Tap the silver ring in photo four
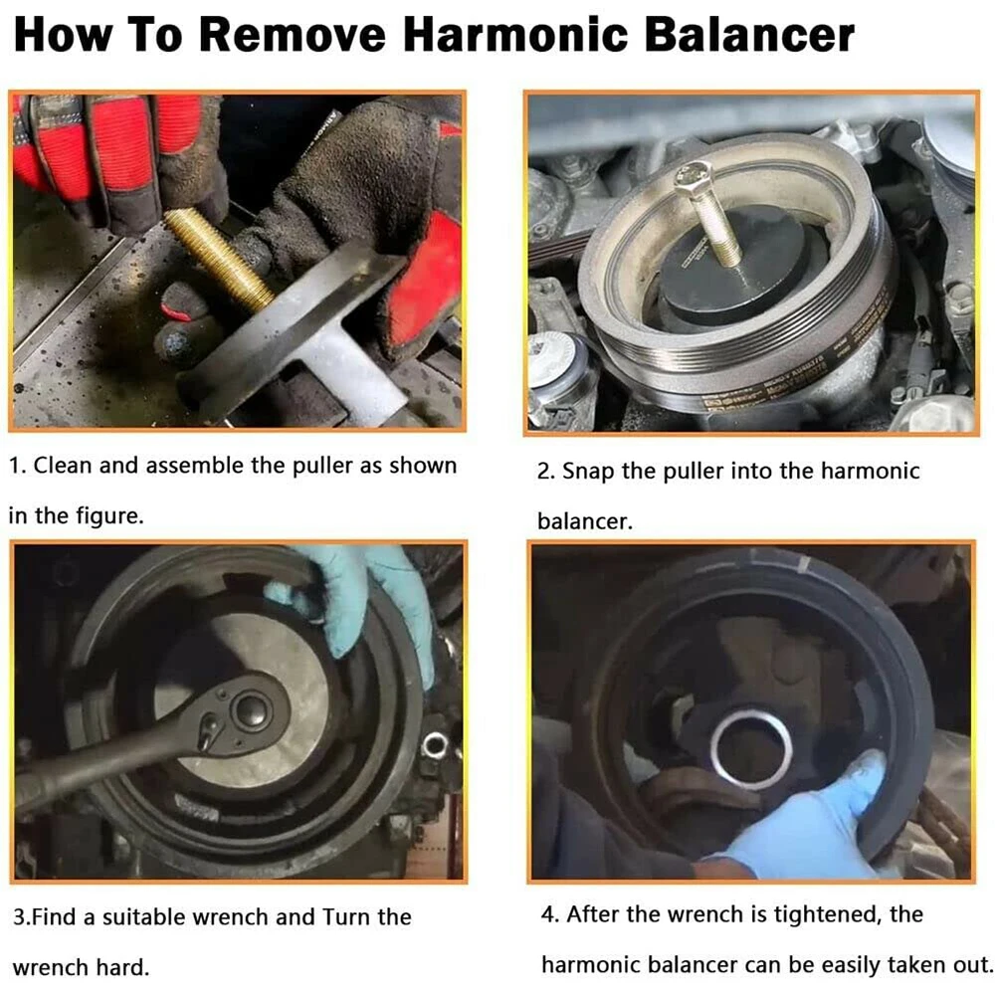[750, 746]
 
